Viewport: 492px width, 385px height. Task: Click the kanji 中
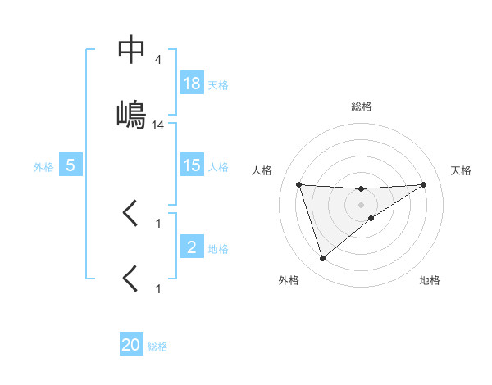click(132, 51)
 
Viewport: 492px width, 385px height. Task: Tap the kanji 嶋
click(132, 115)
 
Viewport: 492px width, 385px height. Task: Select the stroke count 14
click(158, 125)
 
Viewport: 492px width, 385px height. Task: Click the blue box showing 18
click(192, 84)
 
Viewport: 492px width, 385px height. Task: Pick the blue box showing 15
click(192, 165)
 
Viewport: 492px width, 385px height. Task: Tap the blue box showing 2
click(192, 247)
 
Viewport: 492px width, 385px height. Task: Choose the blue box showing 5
click(71, 165)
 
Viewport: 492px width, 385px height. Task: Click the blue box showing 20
click(131, 345)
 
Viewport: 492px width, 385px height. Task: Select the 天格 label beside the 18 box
click(218, 84)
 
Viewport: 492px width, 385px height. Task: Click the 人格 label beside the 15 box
click(218, 166)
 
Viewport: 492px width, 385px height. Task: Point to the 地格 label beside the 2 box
click(218, 247)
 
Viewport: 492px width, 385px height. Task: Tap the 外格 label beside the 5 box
click(43, 166)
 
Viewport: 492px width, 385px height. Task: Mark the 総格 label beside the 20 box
click(157, 346)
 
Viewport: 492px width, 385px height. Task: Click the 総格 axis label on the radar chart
click(362, 106)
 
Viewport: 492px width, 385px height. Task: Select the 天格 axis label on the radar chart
click(462, 170)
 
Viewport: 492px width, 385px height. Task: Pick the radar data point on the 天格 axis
click(424, 184)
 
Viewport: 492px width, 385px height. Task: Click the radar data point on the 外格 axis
click(322, 259)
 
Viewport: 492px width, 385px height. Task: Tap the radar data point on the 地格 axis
click(371, 218)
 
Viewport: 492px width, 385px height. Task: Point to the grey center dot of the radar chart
click(362, 205)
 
